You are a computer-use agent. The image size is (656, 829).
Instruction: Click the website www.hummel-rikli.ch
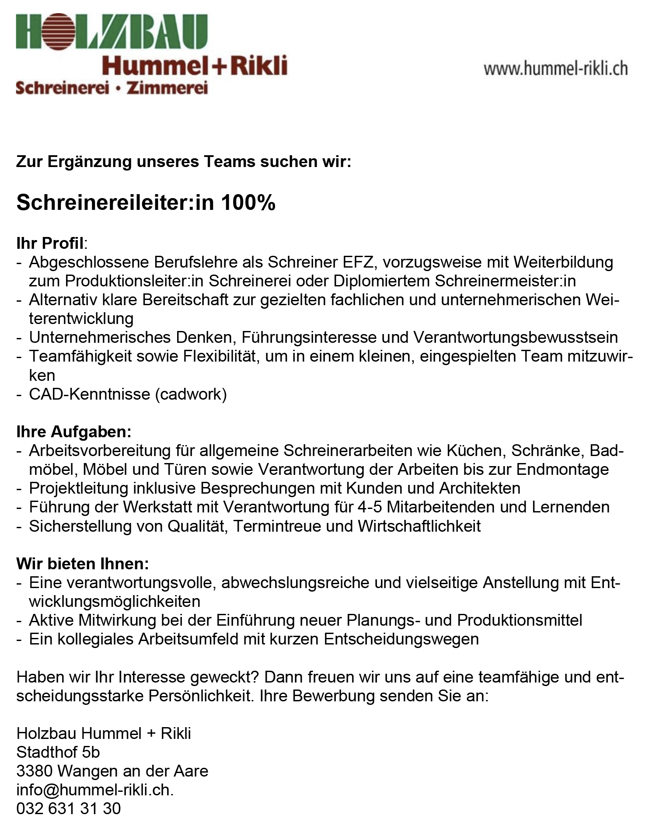pos(555,69)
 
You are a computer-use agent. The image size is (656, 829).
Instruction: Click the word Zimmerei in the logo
pos(167,88)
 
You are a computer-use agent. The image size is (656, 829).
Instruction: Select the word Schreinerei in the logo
pos(62,88)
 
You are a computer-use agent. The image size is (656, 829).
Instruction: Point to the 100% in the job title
pos(248,202)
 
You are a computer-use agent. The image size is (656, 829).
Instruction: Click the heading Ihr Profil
pos(50,243)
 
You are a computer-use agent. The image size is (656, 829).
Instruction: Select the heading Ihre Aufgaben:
pos(73,432)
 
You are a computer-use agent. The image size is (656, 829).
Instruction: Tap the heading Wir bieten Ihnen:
pos(83,564)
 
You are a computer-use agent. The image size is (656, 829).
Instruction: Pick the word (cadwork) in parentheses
pos(191,394)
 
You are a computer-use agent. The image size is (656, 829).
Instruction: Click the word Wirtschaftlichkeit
pos(419,526)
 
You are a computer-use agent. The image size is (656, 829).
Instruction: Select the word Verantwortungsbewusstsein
pos(515,338)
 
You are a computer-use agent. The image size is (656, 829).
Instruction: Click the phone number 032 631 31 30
pos(68,809)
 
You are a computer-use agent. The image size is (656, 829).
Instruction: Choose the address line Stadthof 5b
pos(58,752)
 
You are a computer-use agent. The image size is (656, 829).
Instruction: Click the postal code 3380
pos(34,771)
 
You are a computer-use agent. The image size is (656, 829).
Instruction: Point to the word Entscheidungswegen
pos(401,639)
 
